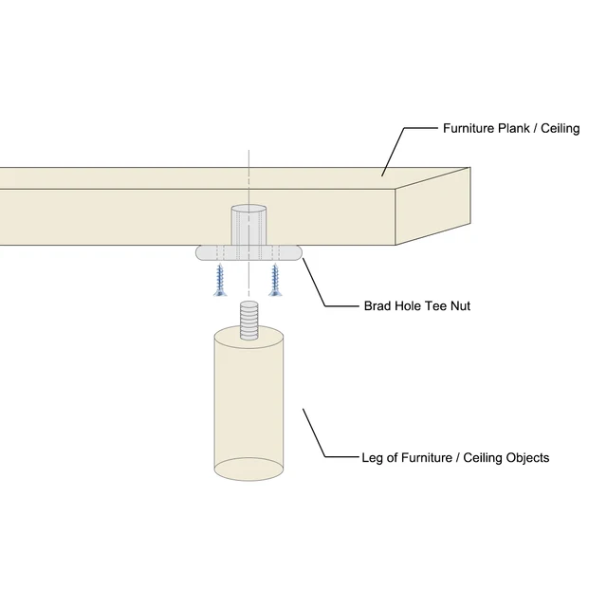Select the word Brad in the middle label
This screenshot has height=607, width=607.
(x=379, y=306)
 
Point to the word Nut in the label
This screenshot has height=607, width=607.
(x=460, y=306)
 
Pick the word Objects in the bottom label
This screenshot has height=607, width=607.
(x=526, y=458)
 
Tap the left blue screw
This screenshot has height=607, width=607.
(x=221, y=281)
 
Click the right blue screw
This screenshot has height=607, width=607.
(x=277, y=281)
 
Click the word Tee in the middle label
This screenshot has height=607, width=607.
(x=436, y=306)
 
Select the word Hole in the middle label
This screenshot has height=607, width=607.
(x=409, y=306)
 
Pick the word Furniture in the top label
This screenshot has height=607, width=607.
(x=468, y=128)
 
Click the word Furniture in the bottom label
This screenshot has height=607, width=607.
(x=419, y=458)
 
